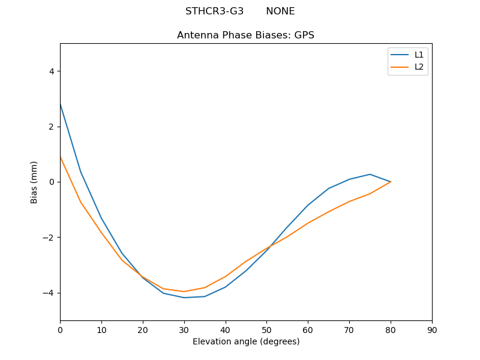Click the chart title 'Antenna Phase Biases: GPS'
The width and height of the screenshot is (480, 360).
coord(245,35)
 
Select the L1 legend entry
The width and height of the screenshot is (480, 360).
coord(419,55)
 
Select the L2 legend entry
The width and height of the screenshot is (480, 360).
coord(419,67)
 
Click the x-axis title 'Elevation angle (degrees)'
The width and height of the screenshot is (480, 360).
coord(245,342)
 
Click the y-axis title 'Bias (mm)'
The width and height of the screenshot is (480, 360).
coord(34,182)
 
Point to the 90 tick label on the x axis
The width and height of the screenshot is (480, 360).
coord(432,330)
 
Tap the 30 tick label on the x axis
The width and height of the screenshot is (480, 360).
coord(184,330)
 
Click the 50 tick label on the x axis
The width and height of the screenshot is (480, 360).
coord(266,330)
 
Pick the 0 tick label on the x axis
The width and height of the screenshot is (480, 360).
coord(60,330)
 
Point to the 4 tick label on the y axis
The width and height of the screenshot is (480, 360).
coord(51,71)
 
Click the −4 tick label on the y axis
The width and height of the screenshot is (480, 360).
coord(49,293)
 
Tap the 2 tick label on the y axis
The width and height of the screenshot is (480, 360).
coord(51,127)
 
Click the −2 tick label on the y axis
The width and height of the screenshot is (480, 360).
coord(49,238)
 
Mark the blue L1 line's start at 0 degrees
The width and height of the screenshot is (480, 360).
coord(60,104)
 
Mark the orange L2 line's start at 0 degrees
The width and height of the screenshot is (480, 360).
coord(60,157)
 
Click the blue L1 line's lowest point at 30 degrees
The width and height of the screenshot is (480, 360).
coord(184,298)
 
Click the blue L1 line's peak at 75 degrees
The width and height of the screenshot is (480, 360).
coord(370,174)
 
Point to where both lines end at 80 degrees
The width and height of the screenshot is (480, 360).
coord(391,182)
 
